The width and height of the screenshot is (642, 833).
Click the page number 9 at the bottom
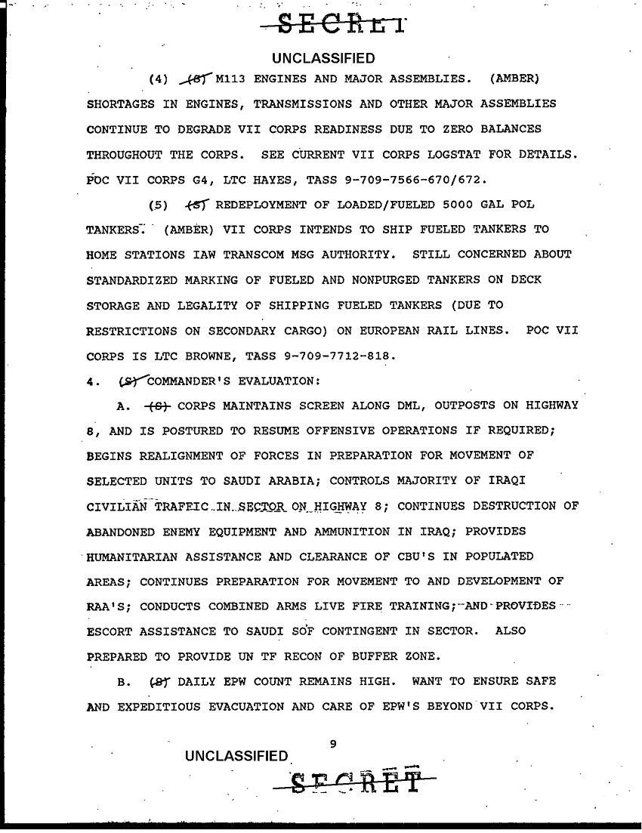333,745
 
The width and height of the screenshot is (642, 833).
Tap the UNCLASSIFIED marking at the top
323,59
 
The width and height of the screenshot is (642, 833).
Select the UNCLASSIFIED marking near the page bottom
238,757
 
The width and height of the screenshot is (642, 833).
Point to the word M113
232,78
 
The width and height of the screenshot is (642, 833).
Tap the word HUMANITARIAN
144,557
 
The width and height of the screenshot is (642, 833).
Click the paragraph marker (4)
159,79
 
